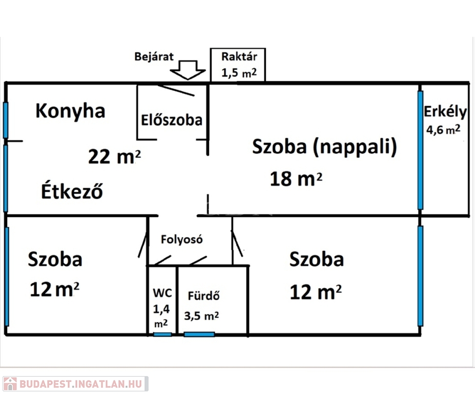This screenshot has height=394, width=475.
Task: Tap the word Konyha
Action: (70, 110)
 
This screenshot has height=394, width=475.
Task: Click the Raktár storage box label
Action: (237, 56)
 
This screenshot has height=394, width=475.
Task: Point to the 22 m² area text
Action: (114, 156)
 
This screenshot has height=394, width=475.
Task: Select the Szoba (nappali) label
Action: (325, 147)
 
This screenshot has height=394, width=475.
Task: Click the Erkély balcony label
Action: (445, 111)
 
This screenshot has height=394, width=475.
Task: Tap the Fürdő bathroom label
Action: (203, 296)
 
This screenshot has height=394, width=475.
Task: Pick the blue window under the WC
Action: (162, 334)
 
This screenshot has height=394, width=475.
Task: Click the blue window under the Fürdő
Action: (199, 334)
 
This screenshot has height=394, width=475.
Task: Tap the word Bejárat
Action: (153, 56)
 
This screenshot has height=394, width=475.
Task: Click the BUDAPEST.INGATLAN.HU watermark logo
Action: (75, 384)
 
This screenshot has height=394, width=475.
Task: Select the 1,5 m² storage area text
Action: (237, 72)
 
